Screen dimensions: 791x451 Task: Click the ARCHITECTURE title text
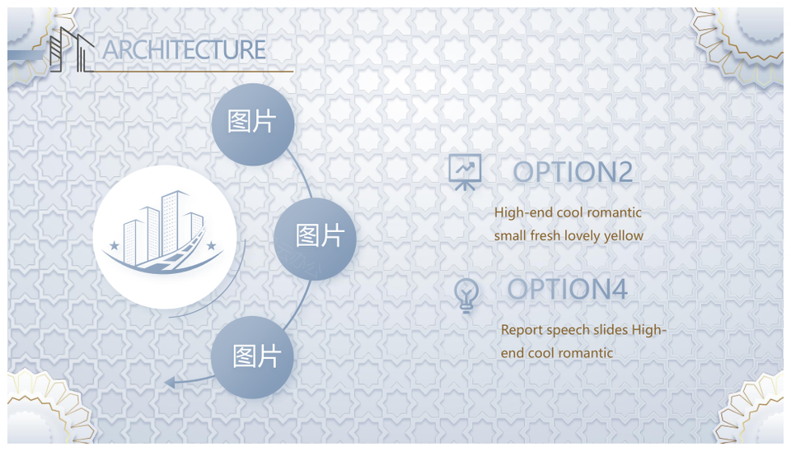pos(184,50)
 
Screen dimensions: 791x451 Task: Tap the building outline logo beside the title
pos(72,49)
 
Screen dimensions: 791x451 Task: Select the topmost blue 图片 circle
pos(253,124)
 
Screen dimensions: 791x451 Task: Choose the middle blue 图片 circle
pos(315,239)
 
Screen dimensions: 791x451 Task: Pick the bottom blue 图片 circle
pos(252,357)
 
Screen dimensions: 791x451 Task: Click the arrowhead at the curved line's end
pos(170,383)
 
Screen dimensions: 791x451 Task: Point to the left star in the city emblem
pos(115,246)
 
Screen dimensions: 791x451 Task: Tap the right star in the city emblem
pos(212,246)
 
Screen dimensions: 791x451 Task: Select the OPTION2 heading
pos(573,172)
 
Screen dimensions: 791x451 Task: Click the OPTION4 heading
pos(567,290)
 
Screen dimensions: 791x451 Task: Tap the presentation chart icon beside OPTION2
pos(465,172)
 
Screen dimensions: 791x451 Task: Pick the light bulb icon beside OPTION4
pos(466,295)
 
